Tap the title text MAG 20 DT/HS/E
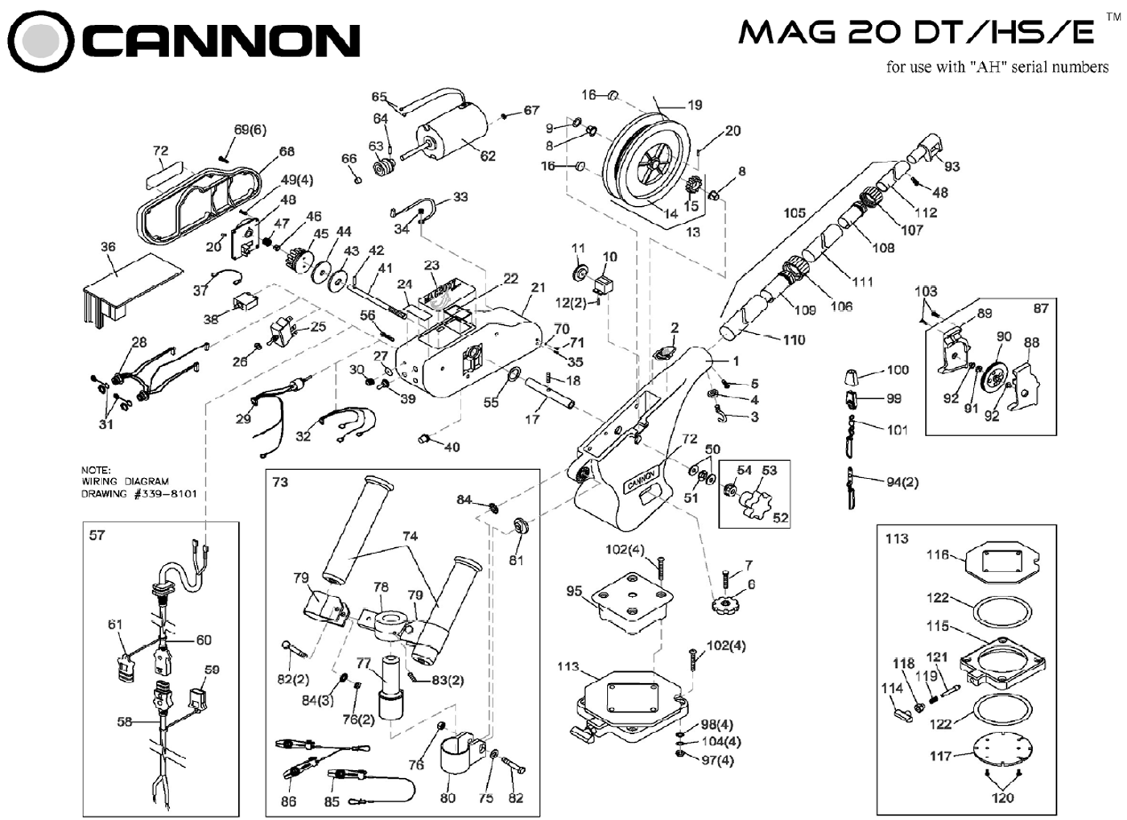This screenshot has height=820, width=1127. [x=917, y=33]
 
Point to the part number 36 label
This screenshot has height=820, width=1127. [x=108, y=247]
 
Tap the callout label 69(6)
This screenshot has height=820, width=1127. [x=250, y=130]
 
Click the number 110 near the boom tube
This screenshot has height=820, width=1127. [x=794, y=340]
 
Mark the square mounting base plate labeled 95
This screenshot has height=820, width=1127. [x=631, y=602]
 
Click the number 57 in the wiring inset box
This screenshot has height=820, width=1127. [x=97, y=535]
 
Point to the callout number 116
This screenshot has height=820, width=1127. [x=938, y=554]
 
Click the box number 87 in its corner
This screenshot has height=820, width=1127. [x=1041, y=308]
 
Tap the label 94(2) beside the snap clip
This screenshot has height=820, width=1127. [x=902, y=482]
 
